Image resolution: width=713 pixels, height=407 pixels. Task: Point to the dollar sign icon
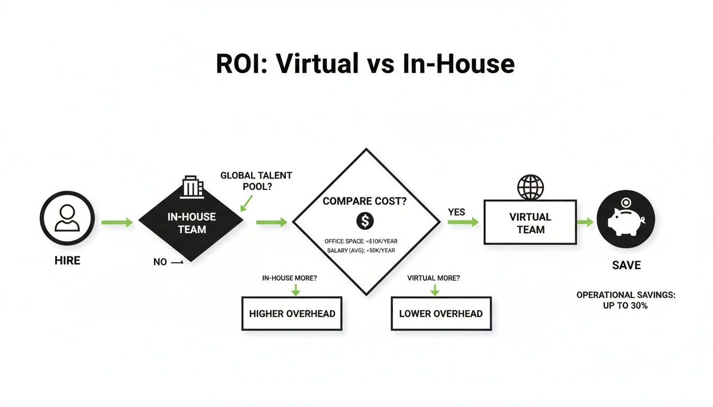(x=364, y=220)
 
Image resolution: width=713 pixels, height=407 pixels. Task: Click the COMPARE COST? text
(x=365, y=202)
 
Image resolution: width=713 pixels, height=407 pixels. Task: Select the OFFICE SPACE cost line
(x=361, y=242)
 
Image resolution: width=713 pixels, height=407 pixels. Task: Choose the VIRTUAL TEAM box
(x=530, y=223)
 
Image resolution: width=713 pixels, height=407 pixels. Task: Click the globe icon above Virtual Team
(x=530, y=187)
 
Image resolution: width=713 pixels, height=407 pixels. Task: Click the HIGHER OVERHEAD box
(x=292, y=314)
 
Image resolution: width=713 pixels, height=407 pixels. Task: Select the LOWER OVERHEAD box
(x=441, y=314)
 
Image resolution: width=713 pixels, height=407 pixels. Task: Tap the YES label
(x=456, y=212)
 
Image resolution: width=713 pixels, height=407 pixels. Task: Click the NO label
(x=160, y=262)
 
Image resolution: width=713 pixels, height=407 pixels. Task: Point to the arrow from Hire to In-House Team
(x=117, y=223)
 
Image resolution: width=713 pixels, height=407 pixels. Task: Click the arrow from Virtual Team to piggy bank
(x=586, y=223)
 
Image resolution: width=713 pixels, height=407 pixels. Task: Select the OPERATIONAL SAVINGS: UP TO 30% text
(x=626, y=300)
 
